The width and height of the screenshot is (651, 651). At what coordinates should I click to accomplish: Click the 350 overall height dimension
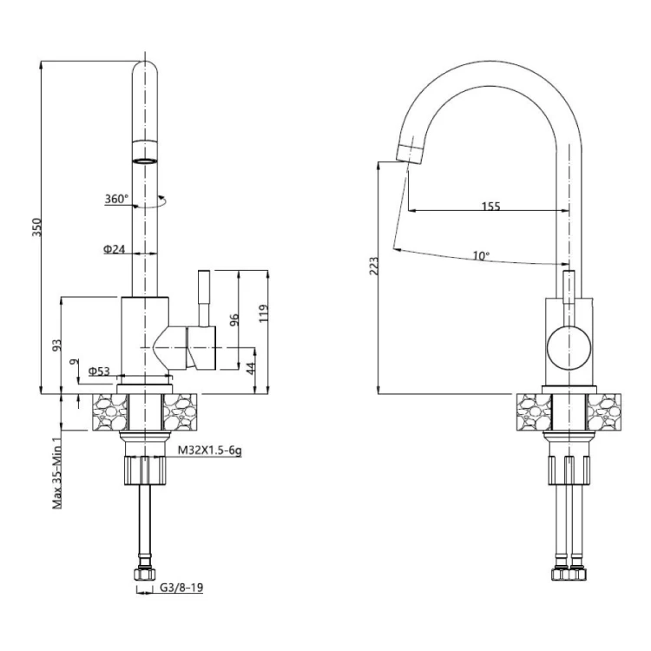(x=37, y=227)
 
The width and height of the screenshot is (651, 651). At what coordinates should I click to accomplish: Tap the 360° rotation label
(x=116, y=199)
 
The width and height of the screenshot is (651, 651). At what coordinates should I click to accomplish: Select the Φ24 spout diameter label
(x=115, y=249)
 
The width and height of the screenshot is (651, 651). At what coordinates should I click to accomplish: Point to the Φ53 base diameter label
(x=99, y=371)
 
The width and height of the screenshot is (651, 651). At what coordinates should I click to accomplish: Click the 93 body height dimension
(x=57, y=345)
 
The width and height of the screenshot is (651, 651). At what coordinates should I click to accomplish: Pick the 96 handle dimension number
(x=234, y=319)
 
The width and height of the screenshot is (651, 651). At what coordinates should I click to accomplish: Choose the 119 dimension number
(x=264, y=313)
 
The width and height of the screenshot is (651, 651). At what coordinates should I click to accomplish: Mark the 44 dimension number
(x=250, y=368)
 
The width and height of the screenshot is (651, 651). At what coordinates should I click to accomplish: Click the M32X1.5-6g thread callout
(x=210, y=450)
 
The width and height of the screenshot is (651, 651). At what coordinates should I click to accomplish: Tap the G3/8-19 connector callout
(x=182, y=588)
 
